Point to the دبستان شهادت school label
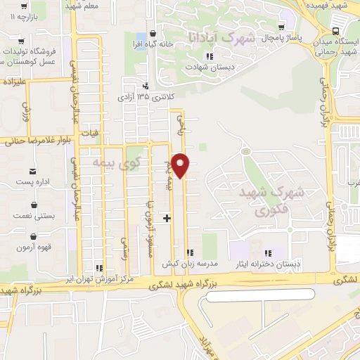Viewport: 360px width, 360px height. point(204,67)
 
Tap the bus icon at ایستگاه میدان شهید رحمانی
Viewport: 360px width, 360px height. point(334,32)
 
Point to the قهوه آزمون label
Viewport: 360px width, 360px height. point(33,248)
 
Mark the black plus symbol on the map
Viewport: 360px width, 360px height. point(167,218)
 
